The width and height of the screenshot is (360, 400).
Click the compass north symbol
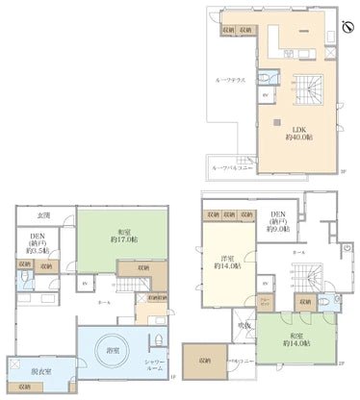point(347,27)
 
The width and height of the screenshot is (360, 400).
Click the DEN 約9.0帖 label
point(278,220)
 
